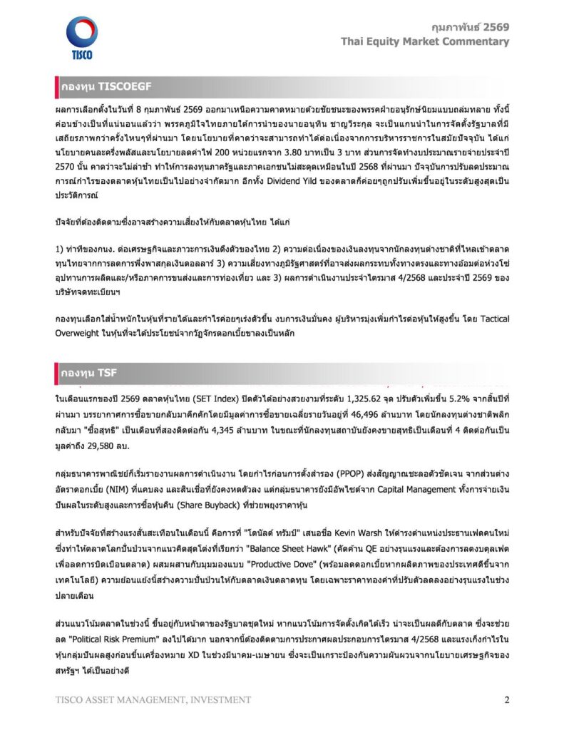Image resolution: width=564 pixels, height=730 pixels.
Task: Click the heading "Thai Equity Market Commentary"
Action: (x=425, y=41)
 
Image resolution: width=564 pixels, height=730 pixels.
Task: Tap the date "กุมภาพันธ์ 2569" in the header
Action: (x=471, y=27)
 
